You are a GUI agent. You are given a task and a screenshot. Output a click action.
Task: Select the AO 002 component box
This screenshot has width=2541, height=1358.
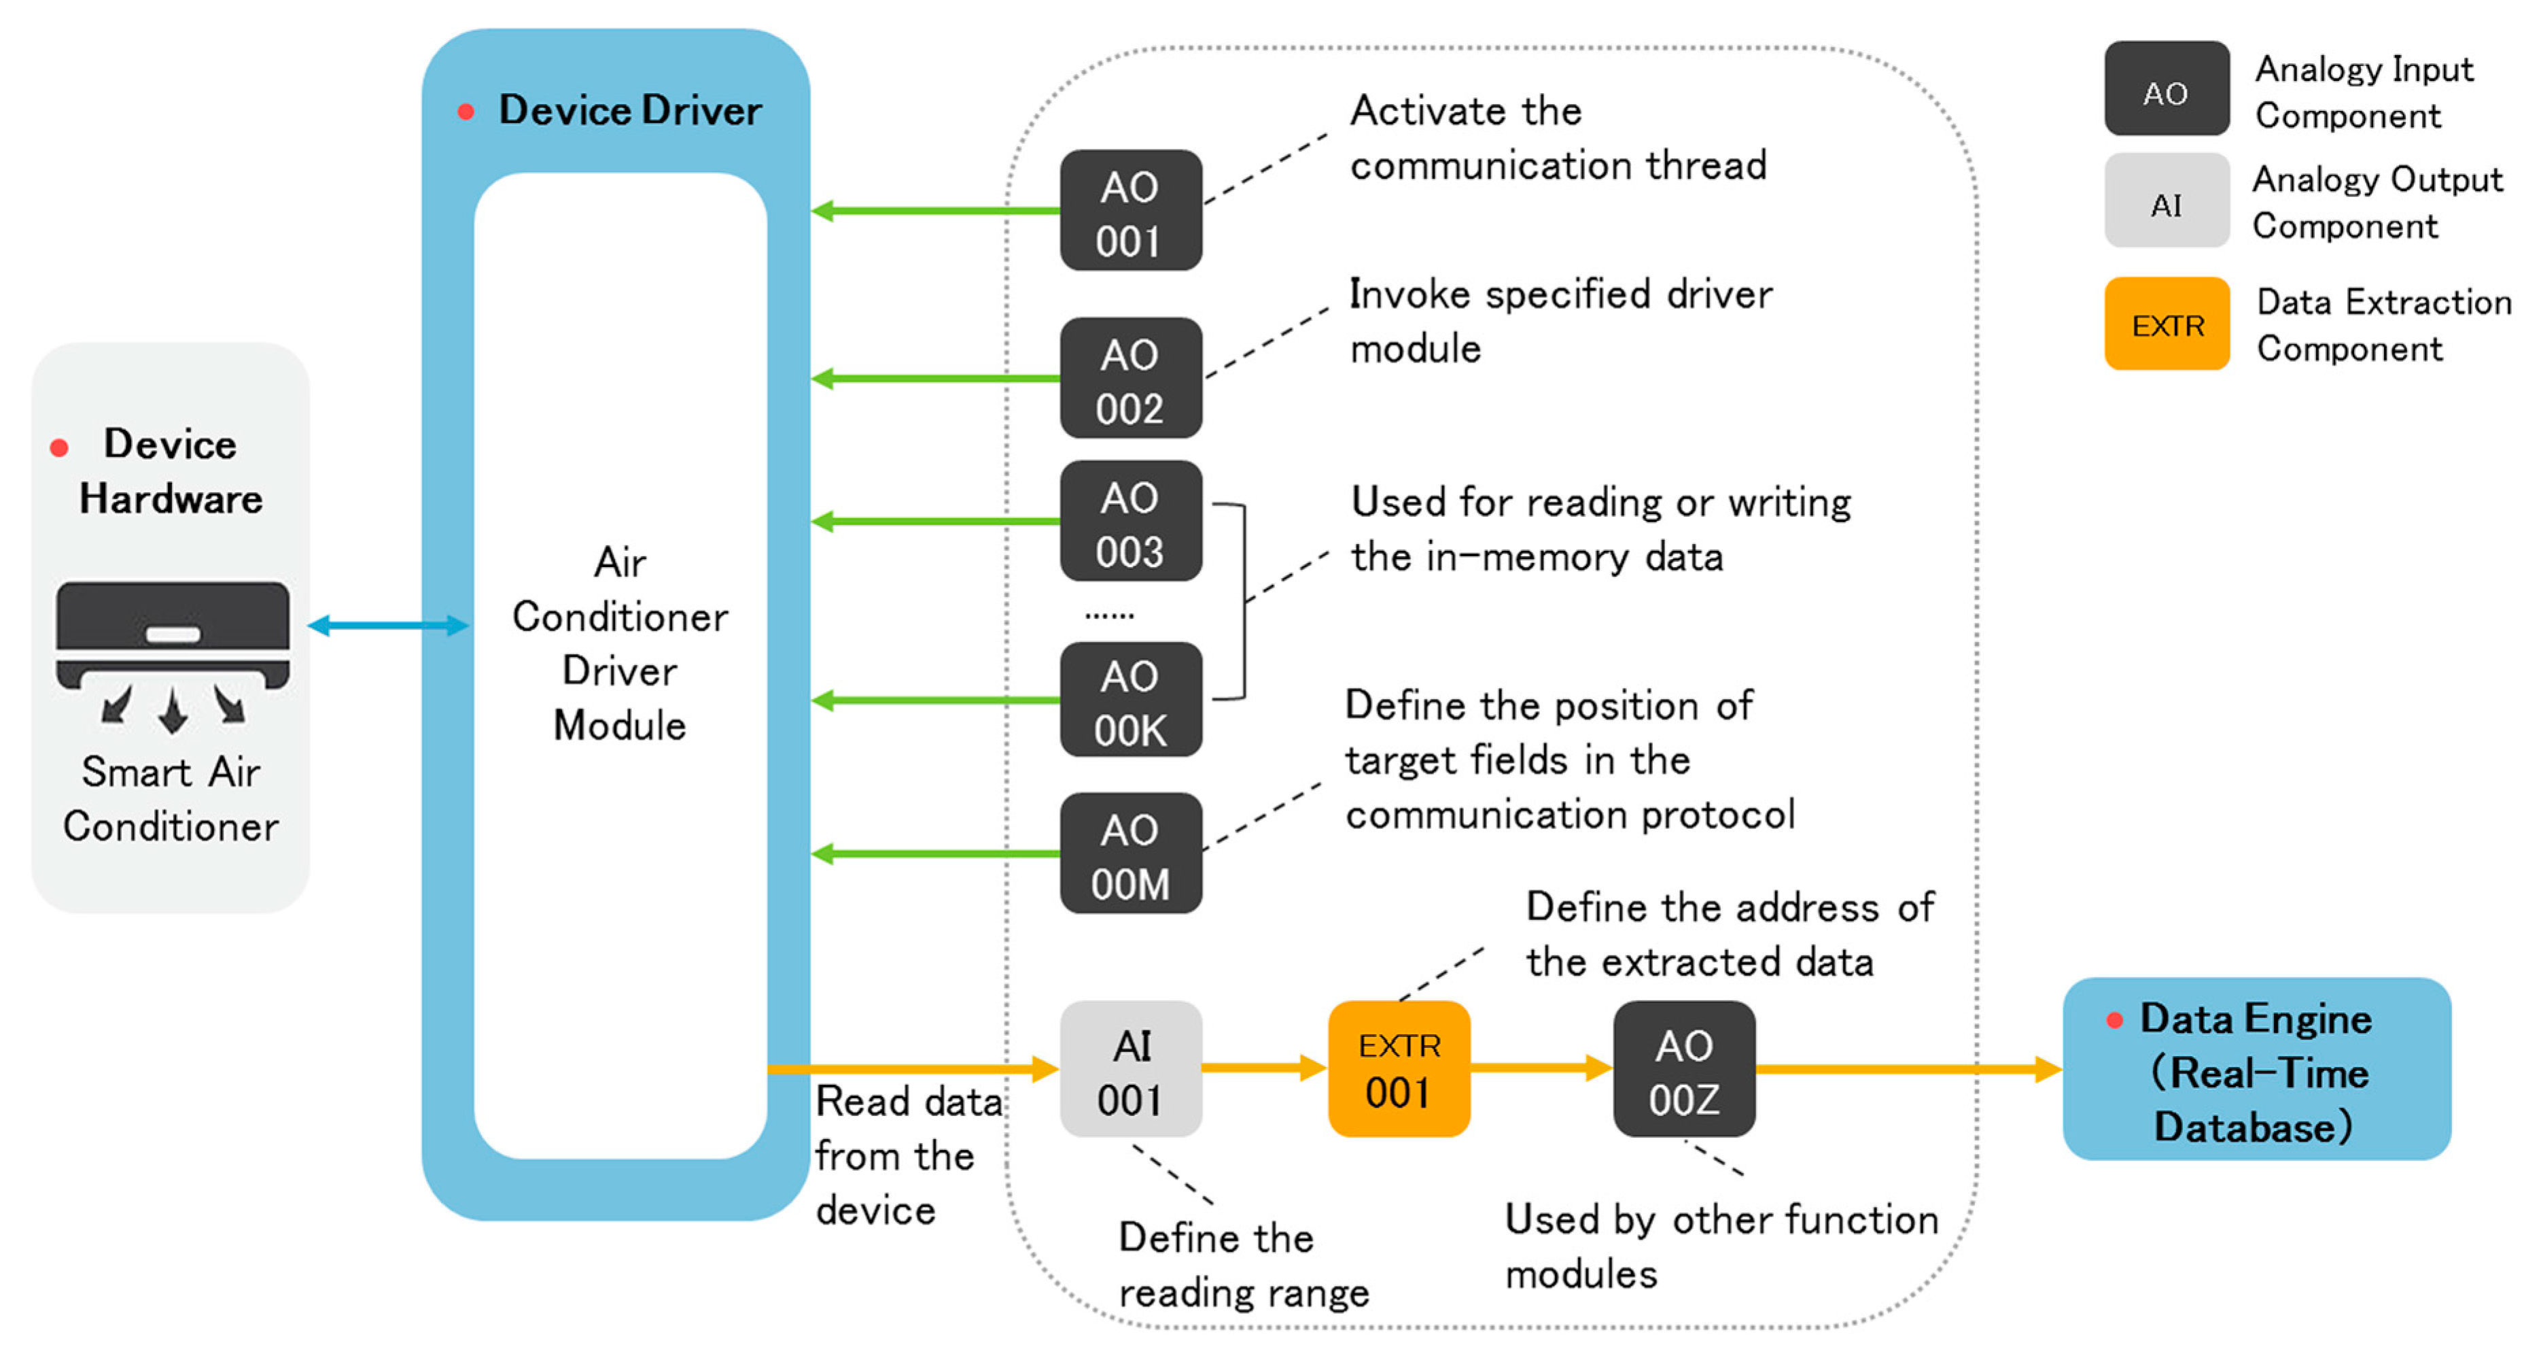click(x=1130, y=378)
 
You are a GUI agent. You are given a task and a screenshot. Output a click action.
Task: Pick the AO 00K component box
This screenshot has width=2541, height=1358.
click(x=1130, y=700)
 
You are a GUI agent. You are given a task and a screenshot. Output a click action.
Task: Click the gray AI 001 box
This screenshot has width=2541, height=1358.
click(x=1130, y=1070)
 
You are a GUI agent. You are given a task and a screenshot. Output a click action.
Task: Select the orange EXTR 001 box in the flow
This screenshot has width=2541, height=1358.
click(x=1399, y=1070)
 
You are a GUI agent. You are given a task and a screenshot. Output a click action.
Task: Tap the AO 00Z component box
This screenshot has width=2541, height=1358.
click(x=1684, y=1070)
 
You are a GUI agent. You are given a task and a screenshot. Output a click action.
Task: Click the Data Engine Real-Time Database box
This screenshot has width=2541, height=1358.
click(x=2256, y=1070)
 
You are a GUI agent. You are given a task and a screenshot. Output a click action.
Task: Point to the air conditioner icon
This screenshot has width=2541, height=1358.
click(x=173, y=651)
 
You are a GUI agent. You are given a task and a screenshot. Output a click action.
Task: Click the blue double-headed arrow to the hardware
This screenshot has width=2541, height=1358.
click(x=387, y=625)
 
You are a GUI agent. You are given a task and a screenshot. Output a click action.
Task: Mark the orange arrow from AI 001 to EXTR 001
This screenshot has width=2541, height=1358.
click(x=1263, y=1067)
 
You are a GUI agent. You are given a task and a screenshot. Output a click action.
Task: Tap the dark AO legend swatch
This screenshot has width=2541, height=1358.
click(x=2166, y=89)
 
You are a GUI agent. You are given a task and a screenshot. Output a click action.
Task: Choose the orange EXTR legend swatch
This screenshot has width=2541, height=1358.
click(x=2166, y=324)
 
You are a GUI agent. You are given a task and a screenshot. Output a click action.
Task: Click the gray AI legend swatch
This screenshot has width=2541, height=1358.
click(x=2166, y=201)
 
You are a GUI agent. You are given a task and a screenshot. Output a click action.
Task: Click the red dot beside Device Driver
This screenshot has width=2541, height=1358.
click(x=466, y=112)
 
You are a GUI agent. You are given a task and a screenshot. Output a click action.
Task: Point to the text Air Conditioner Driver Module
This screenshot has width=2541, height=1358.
click(x=620, y=643)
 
